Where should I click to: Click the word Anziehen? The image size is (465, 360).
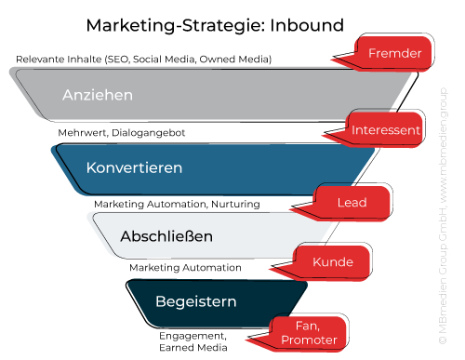(98, 95)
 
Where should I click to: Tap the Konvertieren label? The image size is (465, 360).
(134, 168)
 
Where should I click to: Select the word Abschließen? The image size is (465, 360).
(166, 236)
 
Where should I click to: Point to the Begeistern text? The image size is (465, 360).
(196, 301)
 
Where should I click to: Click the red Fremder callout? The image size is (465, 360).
(394, 54)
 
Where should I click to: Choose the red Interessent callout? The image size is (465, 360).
(386, 130)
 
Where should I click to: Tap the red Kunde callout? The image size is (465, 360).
(333, 261)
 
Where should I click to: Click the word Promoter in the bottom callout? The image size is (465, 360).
(308, 340)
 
